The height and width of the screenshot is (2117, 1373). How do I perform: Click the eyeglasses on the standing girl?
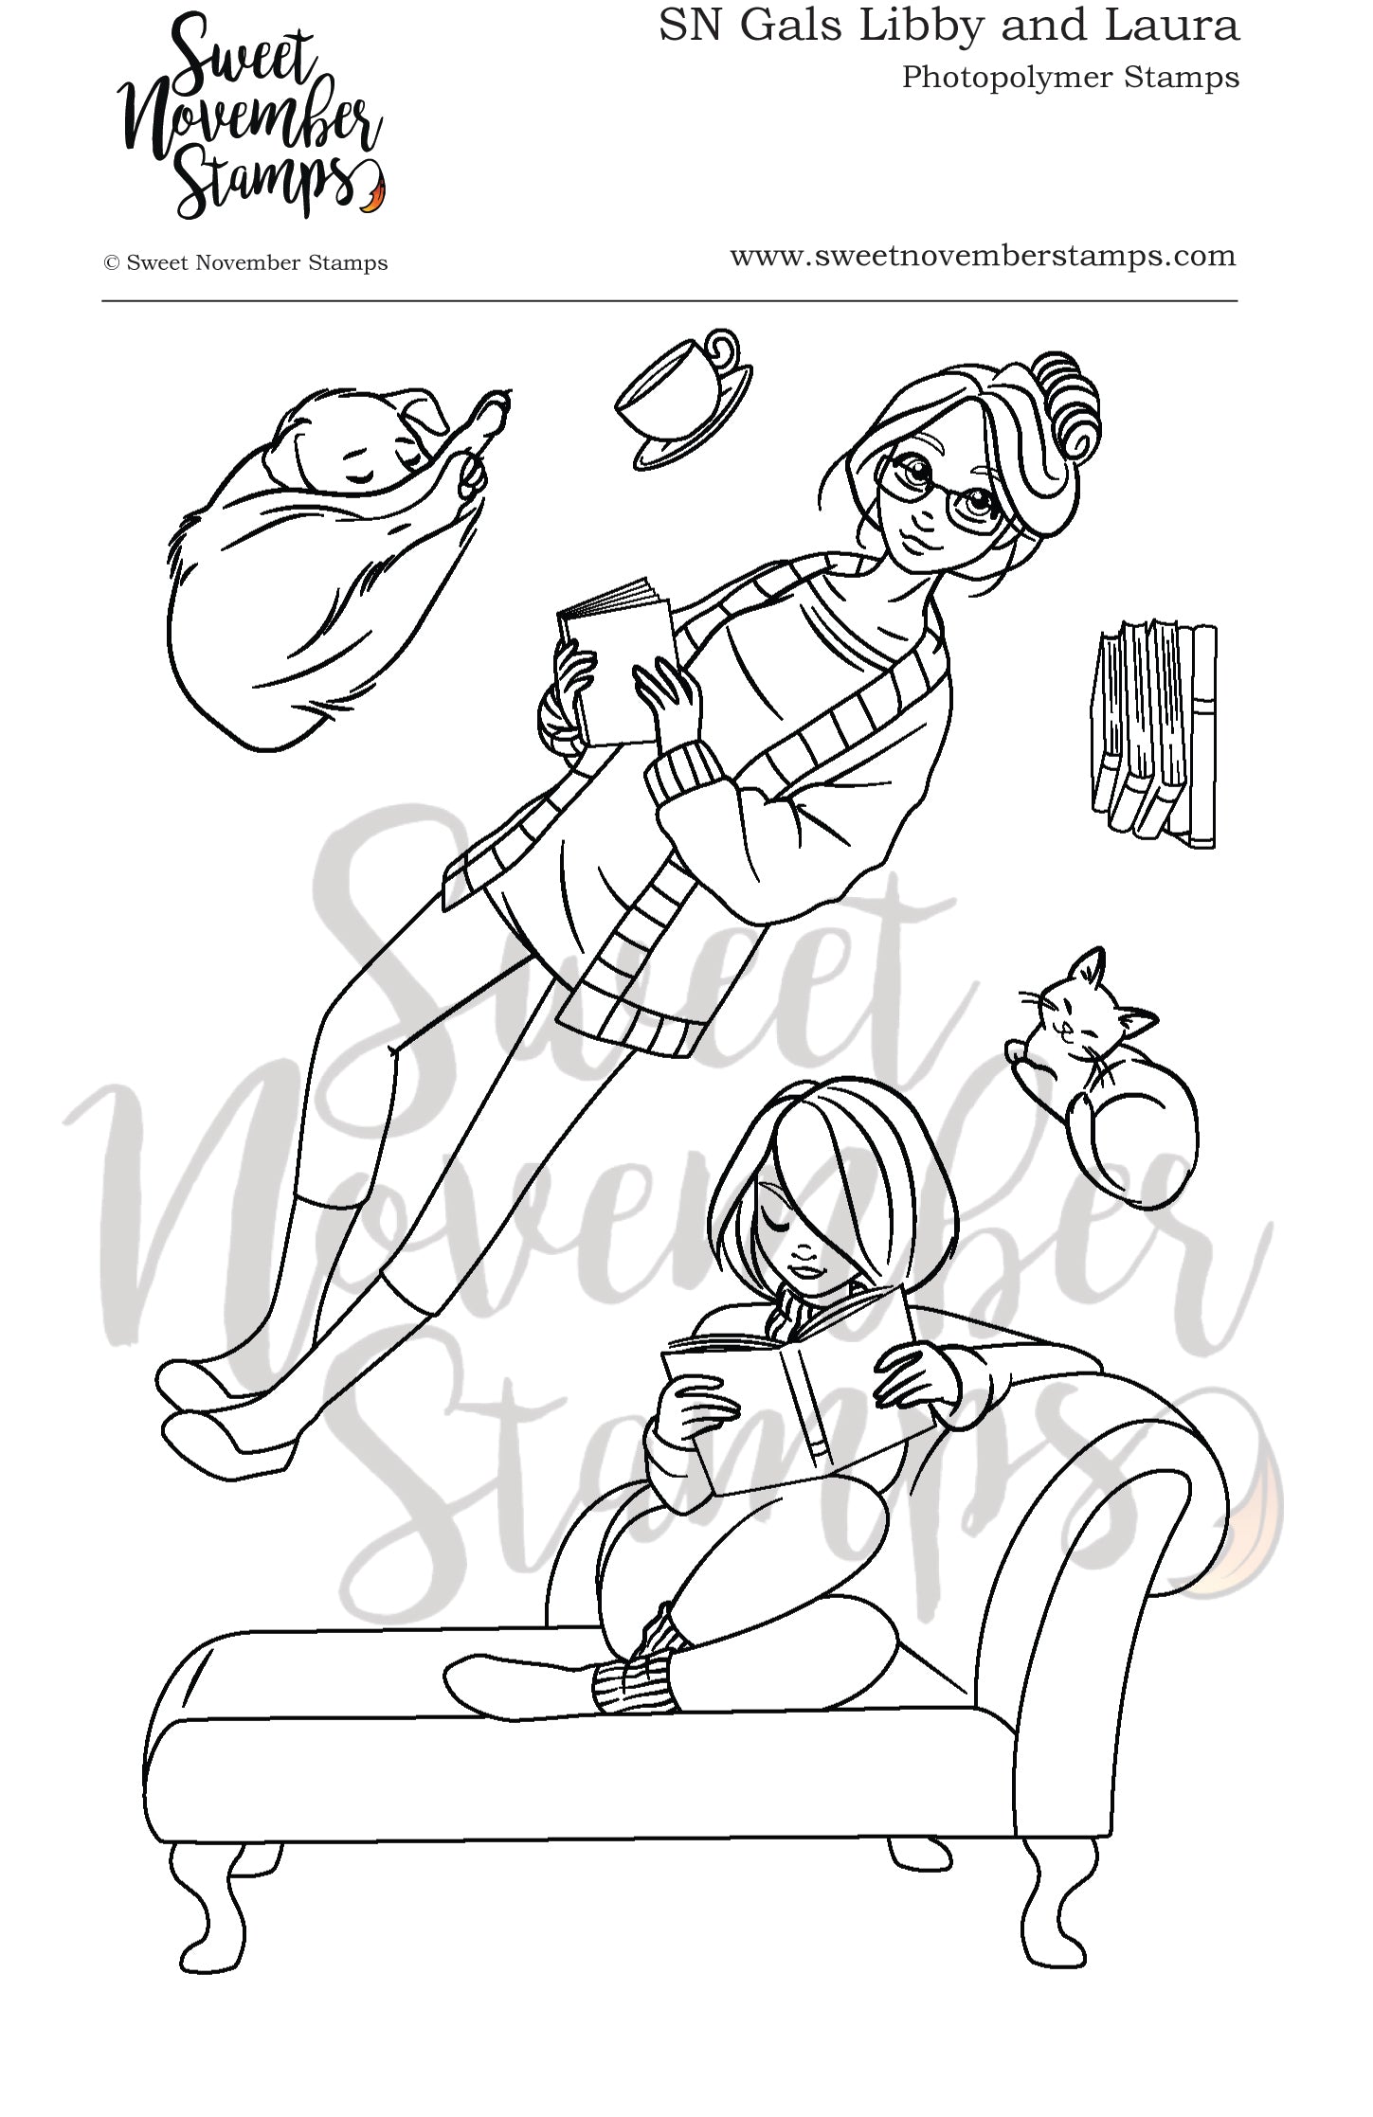click(933, 493)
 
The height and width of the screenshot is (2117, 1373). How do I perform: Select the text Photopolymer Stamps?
click(1070, 78)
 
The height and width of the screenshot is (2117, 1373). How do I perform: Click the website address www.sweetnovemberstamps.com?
click(983, 257)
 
